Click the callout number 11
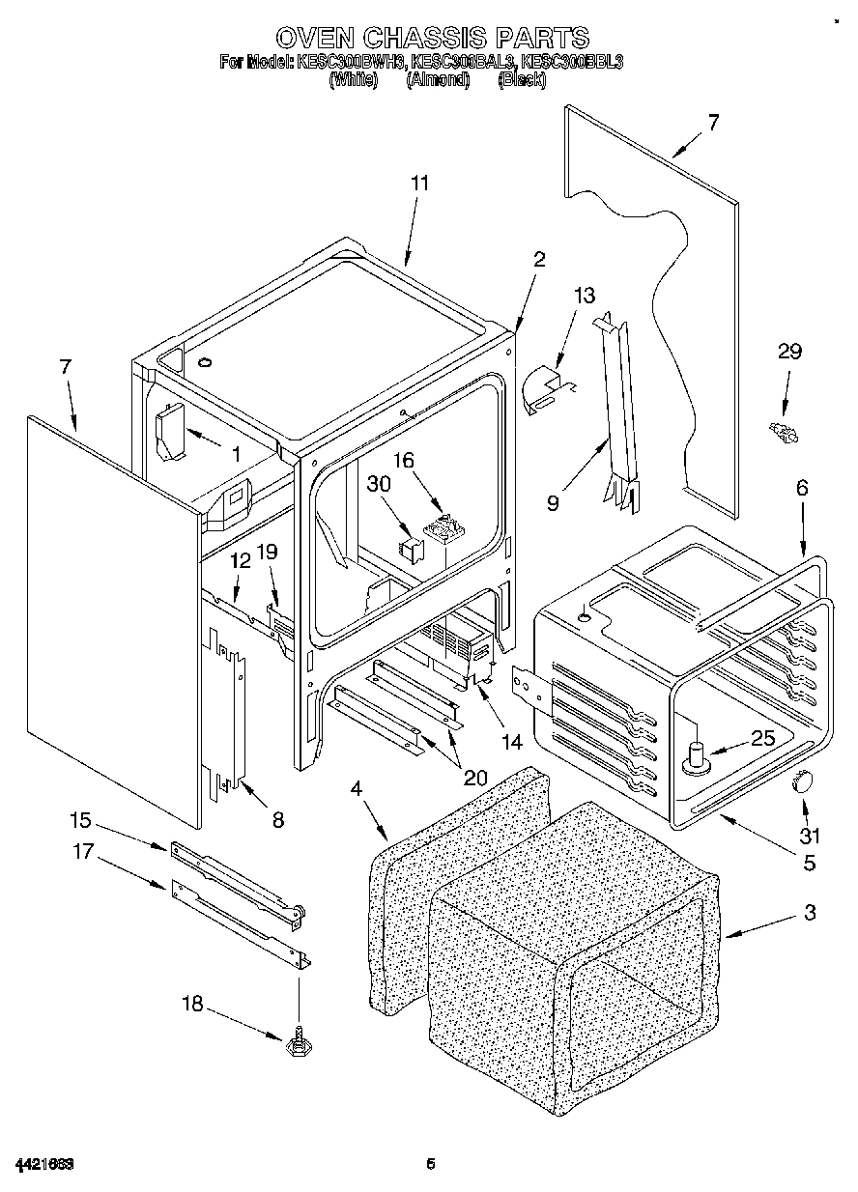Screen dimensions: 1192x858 coord(419,183)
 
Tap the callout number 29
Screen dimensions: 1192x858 coord(789,352)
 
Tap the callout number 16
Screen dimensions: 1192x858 coord(402,460)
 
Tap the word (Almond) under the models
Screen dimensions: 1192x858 coord(438,81)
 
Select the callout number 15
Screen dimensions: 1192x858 coord(79,821)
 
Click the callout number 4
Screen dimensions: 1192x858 coord(356,789)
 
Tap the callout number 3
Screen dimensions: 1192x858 coord(809,912)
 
